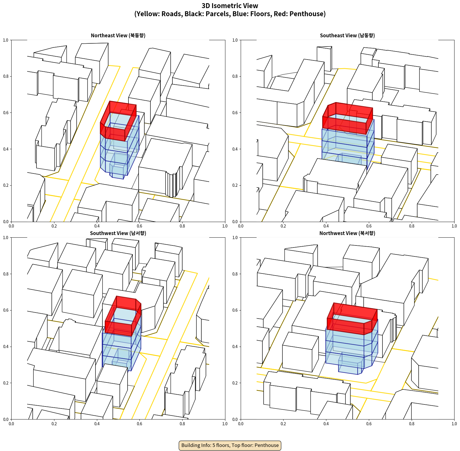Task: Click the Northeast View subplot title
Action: coord(118,35)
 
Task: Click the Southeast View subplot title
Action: coord(347,35)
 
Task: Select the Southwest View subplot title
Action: coord(118,233)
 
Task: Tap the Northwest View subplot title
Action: coord(347,233)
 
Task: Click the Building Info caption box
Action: coord(230,445)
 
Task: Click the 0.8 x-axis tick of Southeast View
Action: coord(412,226)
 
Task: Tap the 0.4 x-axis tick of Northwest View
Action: coord(326,424)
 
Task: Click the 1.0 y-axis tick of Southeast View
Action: coord(235,40)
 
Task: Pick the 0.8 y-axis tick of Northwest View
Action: coord(235,274)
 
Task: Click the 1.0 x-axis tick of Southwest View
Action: coord(225,424)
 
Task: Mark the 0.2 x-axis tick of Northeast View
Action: coord(54,226)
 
